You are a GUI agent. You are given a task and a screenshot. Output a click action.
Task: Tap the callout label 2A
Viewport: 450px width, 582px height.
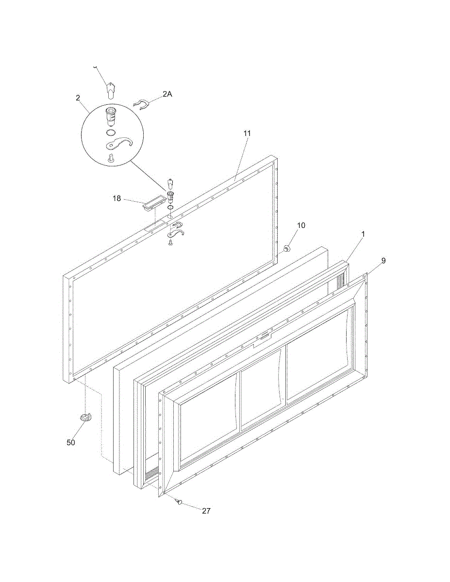pyautogui.click(x=167, y=95)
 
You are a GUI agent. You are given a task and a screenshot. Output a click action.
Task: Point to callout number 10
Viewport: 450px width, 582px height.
pyautogui.click(x=301, y=226)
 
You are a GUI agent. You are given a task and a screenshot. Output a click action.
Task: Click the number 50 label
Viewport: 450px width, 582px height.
pyautogui.click(x=71, y=442)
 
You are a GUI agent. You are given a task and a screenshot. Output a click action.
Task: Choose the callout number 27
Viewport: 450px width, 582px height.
pyautogui.click(x=206, y=511)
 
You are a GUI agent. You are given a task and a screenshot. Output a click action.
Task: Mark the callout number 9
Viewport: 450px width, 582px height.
pyautogui.click(x=383, y=260)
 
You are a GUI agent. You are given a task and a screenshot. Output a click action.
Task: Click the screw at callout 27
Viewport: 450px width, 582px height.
pyautogui.click(x=179, y=502)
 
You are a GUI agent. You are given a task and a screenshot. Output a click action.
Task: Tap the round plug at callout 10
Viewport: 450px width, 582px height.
pyautogui.click(x=286, y=249)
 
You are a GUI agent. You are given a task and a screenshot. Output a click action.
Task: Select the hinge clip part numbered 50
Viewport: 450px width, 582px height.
pyautogui.click(x=85, y=418)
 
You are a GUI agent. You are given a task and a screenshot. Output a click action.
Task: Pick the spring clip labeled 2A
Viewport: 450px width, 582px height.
pyautogui.click(x=141, y=104)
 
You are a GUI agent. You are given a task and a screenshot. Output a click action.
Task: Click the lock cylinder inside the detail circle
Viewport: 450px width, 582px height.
pyautogui.click(x=111, y=116)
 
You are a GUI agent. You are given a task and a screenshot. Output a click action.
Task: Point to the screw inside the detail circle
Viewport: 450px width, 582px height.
pyautogui.click(x=111, y=157)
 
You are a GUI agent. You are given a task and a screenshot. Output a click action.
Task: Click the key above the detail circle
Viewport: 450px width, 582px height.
pyautogui.click(x=111, y=90)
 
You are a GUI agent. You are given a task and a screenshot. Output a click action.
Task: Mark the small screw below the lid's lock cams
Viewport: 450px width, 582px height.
pyautogui.click(x=171, y=245)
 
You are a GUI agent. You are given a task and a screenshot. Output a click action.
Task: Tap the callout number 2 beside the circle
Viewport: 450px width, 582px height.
pyautogui.click(x=78, y=98)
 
